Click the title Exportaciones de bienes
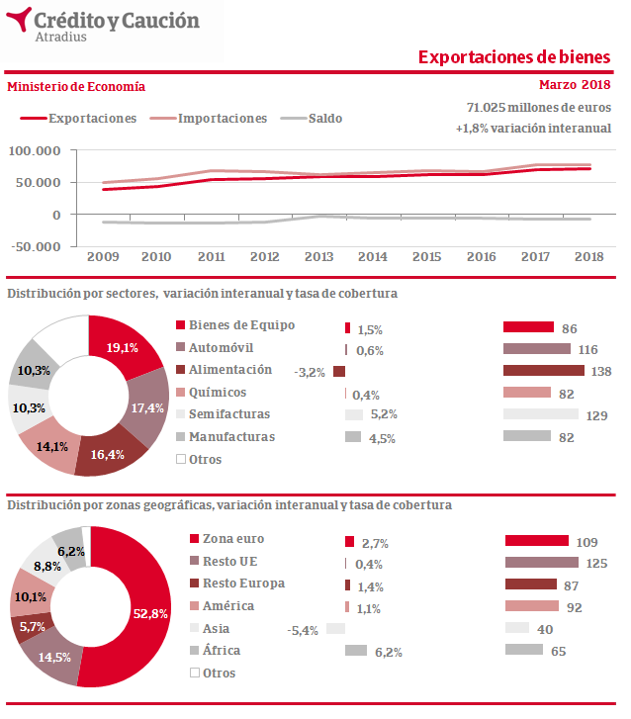coord(513,57)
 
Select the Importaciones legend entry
coord(222,119)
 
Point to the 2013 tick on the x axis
coord(317,257)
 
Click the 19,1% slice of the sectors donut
coord(123,347)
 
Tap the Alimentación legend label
coord(230,370)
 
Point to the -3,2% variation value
coord(310,373)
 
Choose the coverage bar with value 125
coord(540,563)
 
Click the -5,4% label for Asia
coord(302,630)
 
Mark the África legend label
coord(222,651)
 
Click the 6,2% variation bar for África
coord(356,650)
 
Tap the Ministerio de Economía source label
coord(76,87)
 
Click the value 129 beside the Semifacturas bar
coord(596,416)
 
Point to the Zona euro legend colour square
coord(194,540)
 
